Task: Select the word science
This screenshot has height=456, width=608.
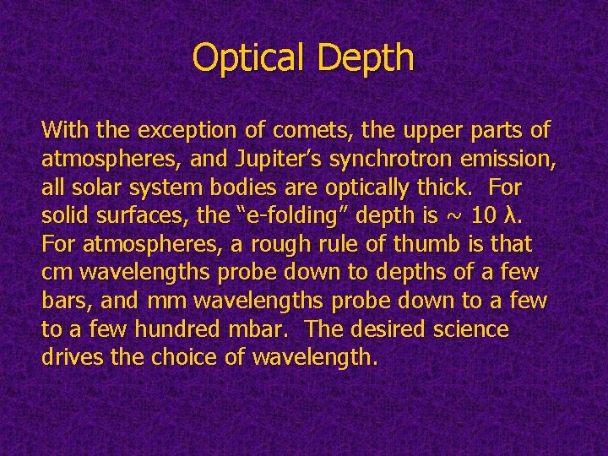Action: pyautogui.click(x=472, y=329)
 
